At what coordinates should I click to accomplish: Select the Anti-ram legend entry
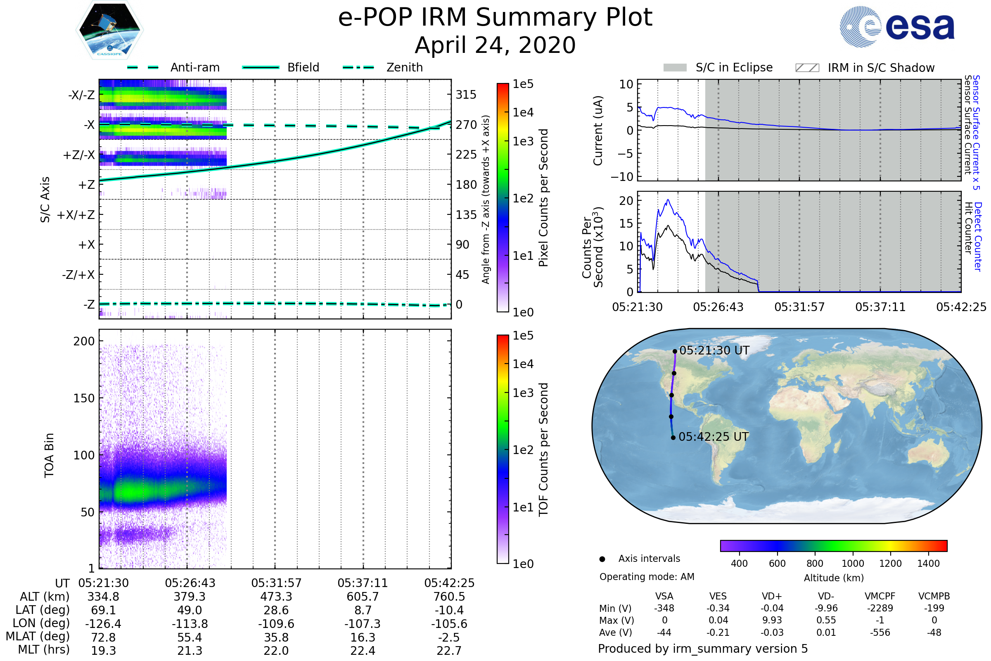[x=194, y=67]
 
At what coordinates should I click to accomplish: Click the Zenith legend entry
[x=404, y=67]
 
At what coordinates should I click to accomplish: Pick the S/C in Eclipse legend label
[x=734, y=67]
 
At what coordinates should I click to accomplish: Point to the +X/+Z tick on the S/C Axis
[x=76, y=215]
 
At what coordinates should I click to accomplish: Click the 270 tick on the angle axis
[x=466, y=125]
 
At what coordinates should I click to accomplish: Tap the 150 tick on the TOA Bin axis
[x=84, y=398]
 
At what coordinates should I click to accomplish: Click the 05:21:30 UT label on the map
[x=714, y=350]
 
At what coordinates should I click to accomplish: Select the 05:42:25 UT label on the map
[x=714, y=437]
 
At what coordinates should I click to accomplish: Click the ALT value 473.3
[x=276, y=597]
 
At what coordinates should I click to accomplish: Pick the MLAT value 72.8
[x=103, y=637]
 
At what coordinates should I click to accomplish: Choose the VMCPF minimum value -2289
[x=880, y=608]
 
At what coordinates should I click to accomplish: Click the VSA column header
[x=664, y=596]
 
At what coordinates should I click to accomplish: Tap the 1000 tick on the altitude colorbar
[x=852, y=564]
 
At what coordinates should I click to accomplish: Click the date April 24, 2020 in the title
[x=495, y=45]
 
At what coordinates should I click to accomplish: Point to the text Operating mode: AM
[x=647, y=577]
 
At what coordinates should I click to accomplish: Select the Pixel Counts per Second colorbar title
[x=543, y=197]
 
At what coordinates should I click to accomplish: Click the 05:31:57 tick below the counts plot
[x=799, y=307]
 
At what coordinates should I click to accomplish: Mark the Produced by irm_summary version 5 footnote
[x=702, y=649]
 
